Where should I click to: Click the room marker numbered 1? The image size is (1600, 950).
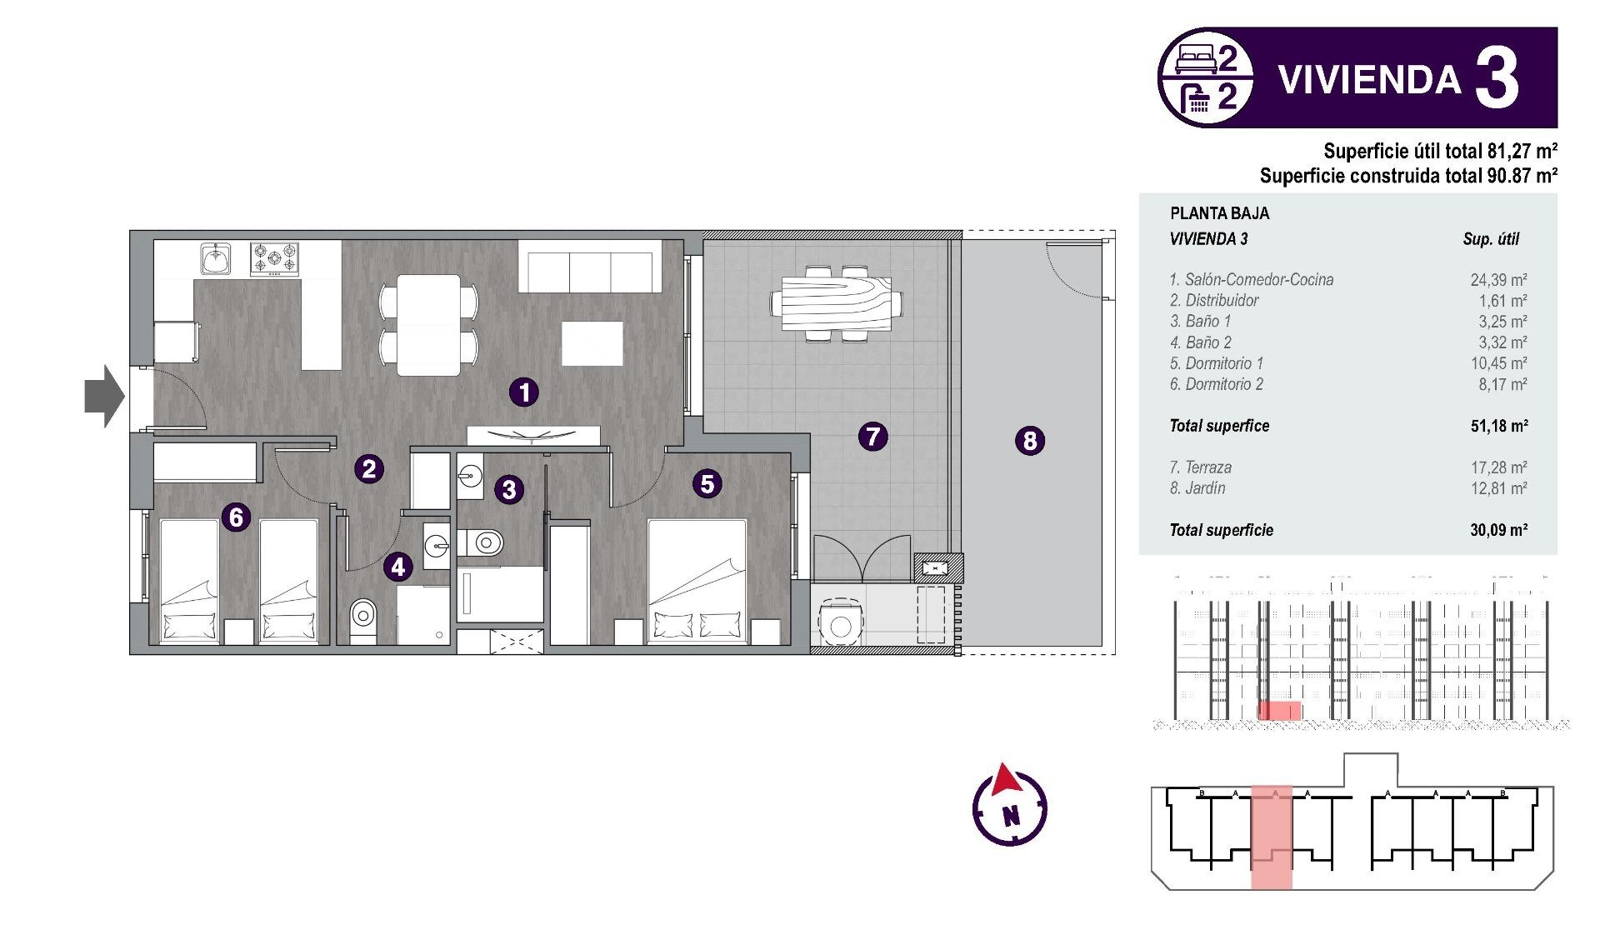(x=524, y=392)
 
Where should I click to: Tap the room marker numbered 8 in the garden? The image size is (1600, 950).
(x=1030, y=440)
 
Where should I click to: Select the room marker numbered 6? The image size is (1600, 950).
(x=236, y=517)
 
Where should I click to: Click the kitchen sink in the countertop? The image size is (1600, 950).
(x=217, y=258)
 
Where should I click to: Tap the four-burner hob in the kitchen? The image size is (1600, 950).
(x=274, y=259)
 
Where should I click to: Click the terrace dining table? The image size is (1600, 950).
(x=836, y=304)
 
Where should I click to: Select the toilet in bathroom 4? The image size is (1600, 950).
(x=362, y=617)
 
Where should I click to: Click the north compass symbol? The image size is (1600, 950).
(x=1009, y=806)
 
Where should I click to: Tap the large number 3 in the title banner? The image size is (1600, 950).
(x=1497, y=79)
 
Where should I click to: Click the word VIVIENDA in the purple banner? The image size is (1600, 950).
(x=1369, y=80)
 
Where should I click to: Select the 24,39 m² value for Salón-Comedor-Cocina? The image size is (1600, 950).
(x=1497, y=280)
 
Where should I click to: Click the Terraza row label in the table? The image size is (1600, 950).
(x=1201, y=467)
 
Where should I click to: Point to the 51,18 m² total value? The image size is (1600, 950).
(x=1498, y=426)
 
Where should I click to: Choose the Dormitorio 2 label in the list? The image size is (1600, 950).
(x=1217, y=384)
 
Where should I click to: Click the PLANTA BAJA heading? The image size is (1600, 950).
(x=1219, y=213)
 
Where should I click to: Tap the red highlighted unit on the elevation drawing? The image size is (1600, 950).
(x=1279, y=711)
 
